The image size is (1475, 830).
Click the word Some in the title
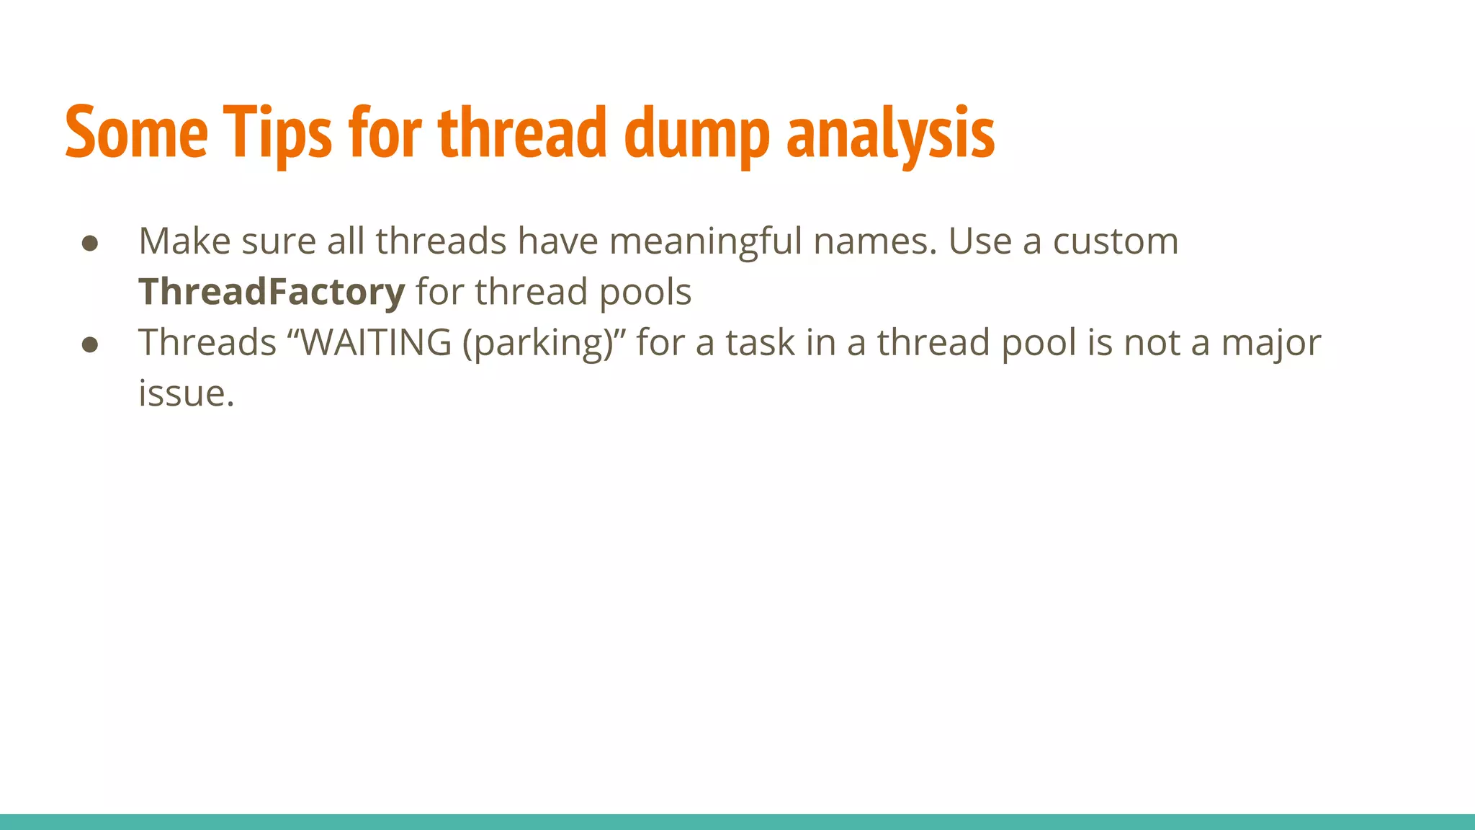pos(137,133)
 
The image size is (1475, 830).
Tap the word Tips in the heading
pos(277,133)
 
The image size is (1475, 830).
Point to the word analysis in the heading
pos(891,133)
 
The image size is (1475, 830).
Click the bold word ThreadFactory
pos(272,292)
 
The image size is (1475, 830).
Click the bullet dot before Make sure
pos(90,244)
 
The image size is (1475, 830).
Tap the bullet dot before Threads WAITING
pos(90,344)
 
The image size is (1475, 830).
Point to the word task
pos(759,342)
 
